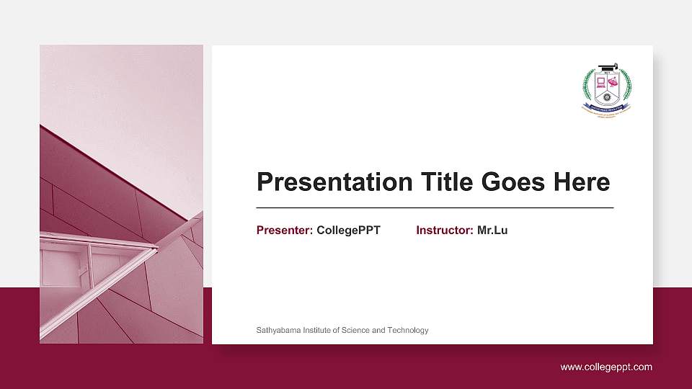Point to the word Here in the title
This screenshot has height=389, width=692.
582,182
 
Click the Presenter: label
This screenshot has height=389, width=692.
285,231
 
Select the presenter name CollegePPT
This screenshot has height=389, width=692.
348,231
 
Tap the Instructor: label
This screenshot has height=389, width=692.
445,231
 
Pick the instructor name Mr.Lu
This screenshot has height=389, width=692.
492,231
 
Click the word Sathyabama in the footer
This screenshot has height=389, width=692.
278,330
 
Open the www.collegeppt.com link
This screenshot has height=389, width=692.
606,367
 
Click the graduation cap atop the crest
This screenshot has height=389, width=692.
606,69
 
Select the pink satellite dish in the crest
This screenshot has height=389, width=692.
614,83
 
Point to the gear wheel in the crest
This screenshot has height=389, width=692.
606,96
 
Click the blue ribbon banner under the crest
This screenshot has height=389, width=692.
606,107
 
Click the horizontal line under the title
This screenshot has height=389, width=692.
435,207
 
